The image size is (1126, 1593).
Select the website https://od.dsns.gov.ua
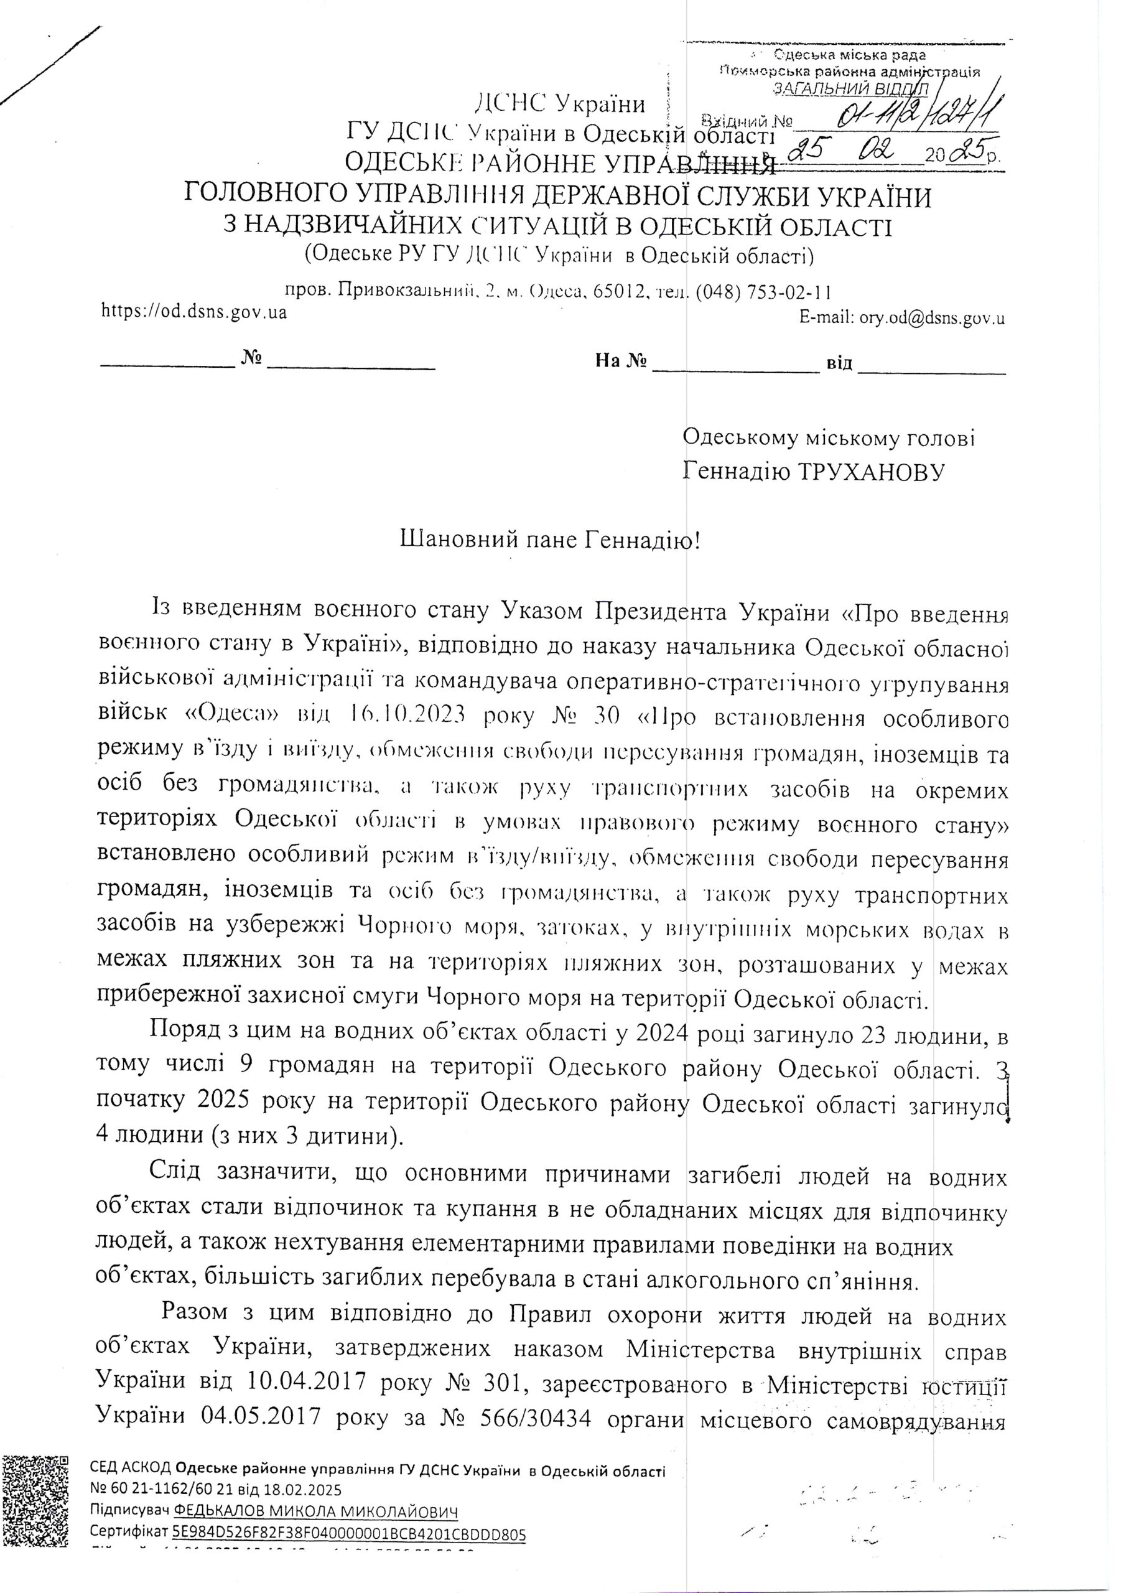tap(194, 312)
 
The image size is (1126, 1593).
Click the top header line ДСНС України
tap(559, 104)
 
